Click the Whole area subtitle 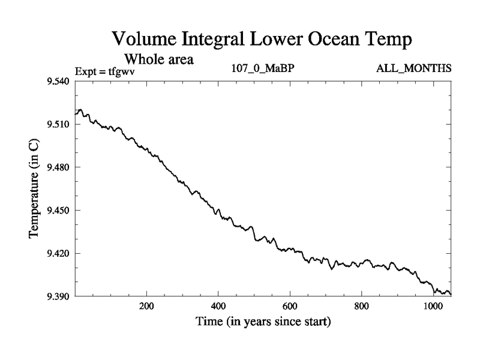pos(158,60)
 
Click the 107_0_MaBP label pos(263,68)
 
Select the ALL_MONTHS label pos(413,68)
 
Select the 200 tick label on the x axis pos(146,306)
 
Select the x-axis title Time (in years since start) pos(263,322)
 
